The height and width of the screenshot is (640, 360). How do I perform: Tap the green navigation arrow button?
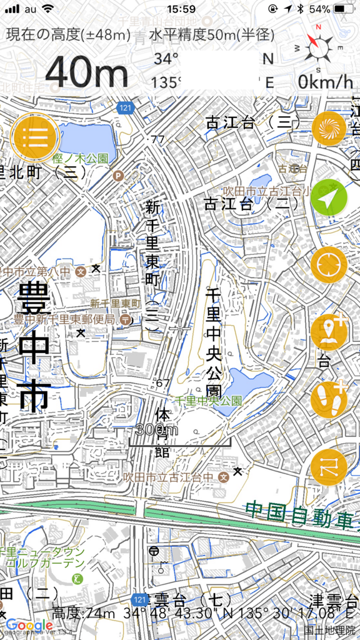click(329, 197)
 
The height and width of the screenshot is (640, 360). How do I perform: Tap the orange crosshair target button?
click(329, 265)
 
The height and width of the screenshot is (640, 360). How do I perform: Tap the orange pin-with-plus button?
click(329, 332)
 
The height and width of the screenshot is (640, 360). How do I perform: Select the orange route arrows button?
click(329, 467)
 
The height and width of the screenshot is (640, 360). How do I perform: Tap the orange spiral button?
click(329, 129)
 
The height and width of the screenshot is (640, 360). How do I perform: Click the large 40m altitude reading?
click(86, 72)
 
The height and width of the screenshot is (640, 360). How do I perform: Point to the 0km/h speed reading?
click(325, 81)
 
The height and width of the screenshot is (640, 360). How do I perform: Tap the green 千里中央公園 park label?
click(208, 400)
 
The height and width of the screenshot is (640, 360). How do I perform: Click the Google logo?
click(29, 625)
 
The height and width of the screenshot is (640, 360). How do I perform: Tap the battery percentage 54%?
click(319, 9)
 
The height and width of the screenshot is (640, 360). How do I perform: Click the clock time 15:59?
click(181, 9)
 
